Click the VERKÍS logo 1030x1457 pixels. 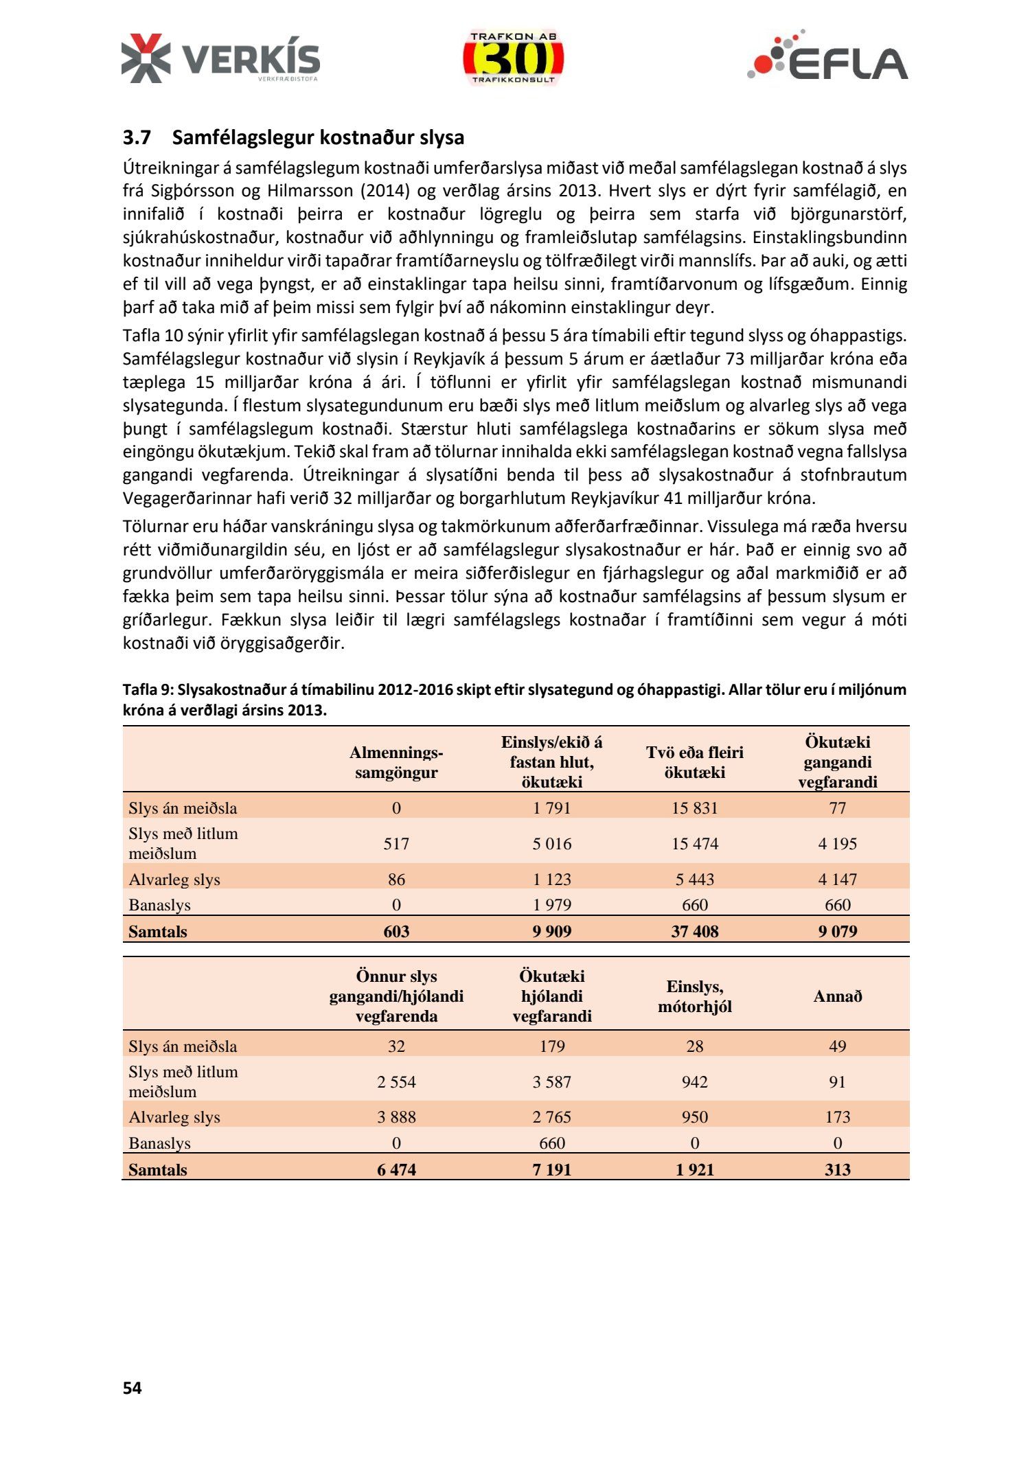pyautogui.click(x=220, y=59)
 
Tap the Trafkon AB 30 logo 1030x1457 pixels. pyautogui.click(x=514, y=58)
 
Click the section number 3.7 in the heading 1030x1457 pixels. pyautogui.click(x=137, y=137)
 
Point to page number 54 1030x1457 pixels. pyautogui.click(x=133, y=1388)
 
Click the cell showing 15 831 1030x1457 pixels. pyautogui.click(x=694, y=807)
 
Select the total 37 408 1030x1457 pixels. pyautogui.click(x=694, y=931)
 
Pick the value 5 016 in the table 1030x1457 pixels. pyautogui.click(x=551, y=843)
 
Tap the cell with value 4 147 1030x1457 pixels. pyautogui.click(x=837, y=879)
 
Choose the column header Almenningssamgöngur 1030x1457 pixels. pyautogui.click(x=396, y=762)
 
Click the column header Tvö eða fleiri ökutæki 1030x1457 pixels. pyautogui.click(x=694, y=762)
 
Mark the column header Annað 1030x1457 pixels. pyautogui.click(x=837, y=996)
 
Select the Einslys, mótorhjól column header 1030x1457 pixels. pyautogui.click(x=694, y=996)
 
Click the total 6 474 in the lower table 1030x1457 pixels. pyautogui.click(x=396, y=1169)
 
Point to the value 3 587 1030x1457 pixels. pyautogui.click(x=551, y=1081)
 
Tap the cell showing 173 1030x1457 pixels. pyautogui.click(x=837, y=1116)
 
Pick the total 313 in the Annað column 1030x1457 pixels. pyautogui.click(x=837, y=1169)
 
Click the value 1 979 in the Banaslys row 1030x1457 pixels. pyautogui.click(x=551, y=905)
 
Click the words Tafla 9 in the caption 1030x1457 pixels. pyautogui.click(x=147, y=689)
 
